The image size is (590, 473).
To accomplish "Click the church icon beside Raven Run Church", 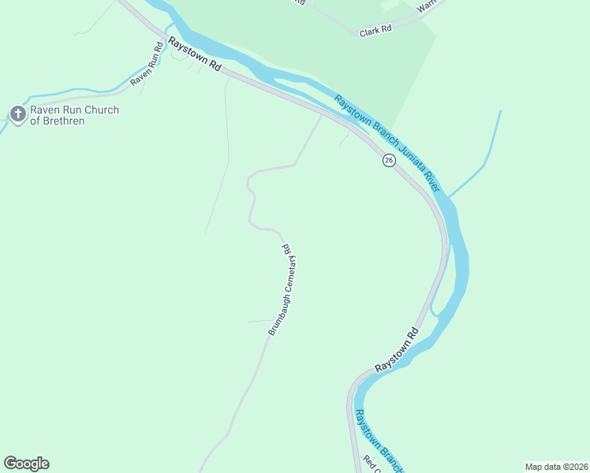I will [x=17, y=115].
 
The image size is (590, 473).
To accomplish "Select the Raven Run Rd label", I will [x=147, y=64].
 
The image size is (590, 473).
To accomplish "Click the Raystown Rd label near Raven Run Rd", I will [x=192, y=57].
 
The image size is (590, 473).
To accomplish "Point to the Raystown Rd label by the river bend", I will [x=396, y=350].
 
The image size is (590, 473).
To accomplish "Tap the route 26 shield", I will [x=388, y=160].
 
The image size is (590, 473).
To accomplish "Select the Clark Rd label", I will [x=375, y=32].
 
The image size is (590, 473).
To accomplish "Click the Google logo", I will [x=26, y=464].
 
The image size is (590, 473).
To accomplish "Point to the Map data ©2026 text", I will [x=556, y=467].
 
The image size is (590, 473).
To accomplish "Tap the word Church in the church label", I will [x=101, y=110].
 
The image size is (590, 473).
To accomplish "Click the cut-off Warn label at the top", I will [x=427, y=7].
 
